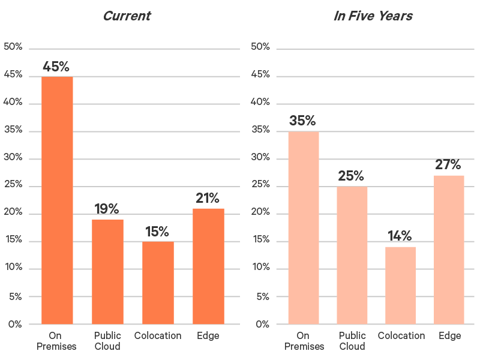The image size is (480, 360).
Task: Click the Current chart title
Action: tap(127, 16)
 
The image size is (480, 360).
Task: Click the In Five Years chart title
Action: tap(373, 16)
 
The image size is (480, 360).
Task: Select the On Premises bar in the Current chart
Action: tap(57, 200)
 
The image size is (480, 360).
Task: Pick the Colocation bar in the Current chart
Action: tap(158, 283)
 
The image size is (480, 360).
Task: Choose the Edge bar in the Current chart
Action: tap(208, 266)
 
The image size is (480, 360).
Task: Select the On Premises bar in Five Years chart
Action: tap(304, 228)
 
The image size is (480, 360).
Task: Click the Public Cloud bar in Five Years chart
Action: tap(352, 256)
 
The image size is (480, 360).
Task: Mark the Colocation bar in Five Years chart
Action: tap(400, 286)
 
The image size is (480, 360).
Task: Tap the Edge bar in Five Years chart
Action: tap(449, 250)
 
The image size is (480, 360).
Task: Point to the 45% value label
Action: tap(56, 67)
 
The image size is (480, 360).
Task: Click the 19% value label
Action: tap(107, 209)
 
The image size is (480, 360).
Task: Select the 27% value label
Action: tap(448, 164)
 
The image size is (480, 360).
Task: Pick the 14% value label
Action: tap(400, 236)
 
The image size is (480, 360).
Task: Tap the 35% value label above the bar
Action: tap(302, 121)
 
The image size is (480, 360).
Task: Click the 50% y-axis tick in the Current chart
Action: tap(13, 47)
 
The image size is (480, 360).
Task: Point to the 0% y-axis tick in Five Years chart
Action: tap(262, 325)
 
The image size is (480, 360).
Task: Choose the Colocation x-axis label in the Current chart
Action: tap(158, 336)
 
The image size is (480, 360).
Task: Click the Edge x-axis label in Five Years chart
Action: tap(449, 336)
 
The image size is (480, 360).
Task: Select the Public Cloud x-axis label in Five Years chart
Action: tap(352, 341)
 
